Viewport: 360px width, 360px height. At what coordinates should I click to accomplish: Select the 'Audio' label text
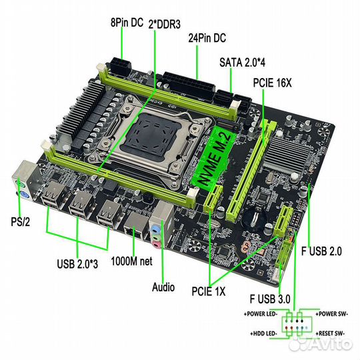pos(163,287)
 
